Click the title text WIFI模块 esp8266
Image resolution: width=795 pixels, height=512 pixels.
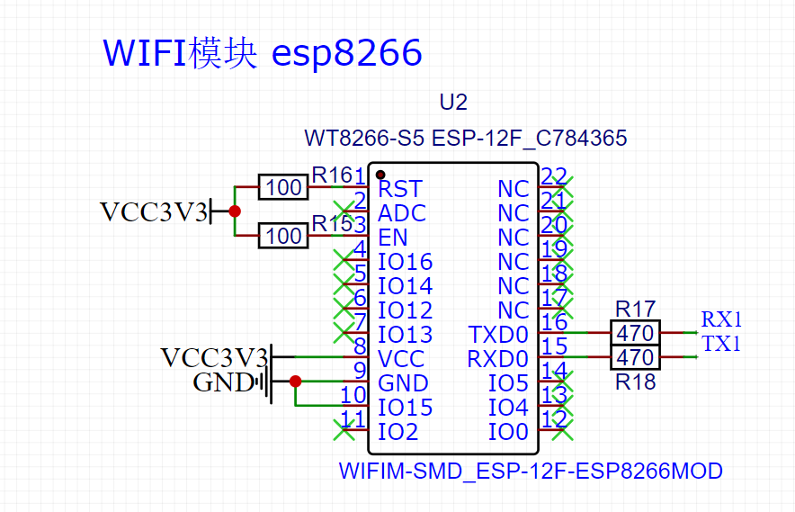263,54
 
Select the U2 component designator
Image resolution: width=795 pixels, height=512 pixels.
453,103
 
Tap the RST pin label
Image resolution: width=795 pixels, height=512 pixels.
400,189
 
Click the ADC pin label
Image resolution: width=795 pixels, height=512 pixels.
402,213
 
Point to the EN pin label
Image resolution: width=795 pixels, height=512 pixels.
393,238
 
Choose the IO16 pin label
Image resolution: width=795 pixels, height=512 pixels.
405,262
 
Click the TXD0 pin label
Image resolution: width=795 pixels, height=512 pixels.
498,335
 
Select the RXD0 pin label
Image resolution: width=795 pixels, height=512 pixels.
498,359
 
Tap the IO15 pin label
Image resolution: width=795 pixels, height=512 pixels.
405,408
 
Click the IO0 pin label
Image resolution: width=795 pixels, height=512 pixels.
508,432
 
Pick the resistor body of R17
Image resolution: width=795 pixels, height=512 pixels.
636,332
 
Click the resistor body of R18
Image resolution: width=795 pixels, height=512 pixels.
636,357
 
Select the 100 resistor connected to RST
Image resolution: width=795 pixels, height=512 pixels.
284,187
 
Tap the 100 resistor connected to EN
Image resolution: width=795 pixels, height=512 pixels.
284,237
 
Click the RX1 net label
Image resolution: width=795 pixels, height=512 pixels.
721,319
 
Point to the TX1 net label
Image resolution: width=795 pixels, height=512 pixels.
721,344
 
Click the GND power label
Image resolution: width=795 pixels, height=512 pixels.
223,383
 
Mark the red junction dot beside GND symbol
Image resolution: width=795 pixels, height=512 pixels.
296,382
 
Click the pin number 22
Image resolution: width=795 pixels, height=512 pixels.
554,176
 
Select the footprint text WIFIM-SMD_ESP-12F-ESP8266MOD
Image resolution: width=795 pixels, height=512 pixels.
531,471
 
